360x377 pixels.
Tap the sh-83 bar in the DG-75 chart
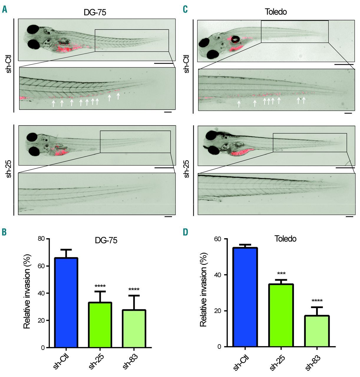pyautogui.click(x=134, y=329)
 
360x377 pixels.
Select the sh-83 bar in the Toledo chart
pyautogui.click(x=317, y=331)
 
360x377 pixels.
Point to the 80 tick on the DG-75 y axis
pyautogui.click(x=42, y=239)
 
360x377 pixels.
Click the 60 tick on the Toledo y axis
pyautogui.click(x=217, y=239)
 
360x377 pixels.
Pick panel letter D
pyautogui.click(x=185, y=232)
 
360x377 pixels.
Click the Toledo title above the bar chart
pyautogui.click(x=285, y=239)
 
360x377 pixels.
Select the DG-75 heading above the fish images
pyautogui.click(x=95, y=12)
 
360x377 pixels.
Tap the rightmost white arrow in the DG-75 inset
pyautogui.click(x=118, y=96)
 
